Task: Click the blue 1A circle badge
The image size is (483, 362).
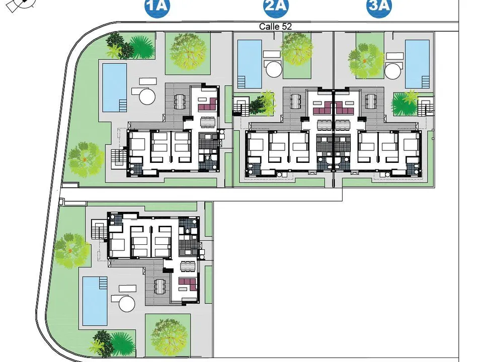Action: (x=157, y=7)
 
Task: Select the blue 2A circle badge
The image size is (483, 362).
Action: (x=276, y=7)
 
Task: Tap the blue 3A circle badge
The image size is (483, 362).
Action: (x=379, y=7)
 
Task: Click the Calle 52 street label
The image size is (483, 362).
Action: (x=275, y=27)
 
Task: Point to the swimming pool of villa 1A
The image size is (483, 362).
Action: (x=114, y=87)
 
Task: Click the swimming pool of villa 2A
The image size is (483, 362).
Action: (x=250, y=64)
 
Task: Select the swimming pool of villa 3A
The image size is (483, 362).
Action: (x=418, y=64)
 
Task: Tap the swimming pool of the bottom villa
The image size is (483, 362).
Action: (x=95, y=301)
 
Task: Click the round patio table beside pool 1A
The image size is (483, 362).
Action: (x=147, y=97)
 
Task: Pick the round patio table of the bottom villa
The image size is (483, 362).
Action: (x=127, y=304)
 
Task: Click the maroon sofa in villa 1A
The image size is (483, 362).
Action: (x=208, y=104)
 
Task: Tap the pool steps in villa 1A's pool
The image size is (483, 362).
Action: (x=123, y=106)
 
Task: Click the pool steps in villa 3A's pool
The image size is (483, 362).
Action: (x=426, y=82)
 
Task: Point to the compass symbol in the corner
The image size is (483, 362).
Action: (x=20, y=5)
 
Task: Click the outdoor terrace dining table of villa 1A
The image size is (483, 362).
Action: (x=180, y=102)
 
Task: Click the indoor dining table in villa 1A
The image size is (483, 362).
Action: (x=208, y=122)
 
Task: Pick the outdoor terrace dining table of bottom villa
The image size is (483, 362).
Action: (x=160, y=286)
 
